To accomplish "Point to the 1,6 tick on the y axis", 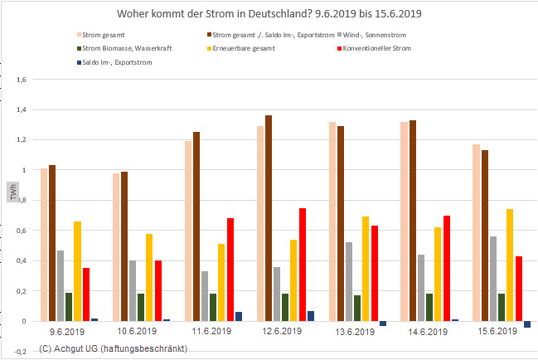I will tap(22, 80).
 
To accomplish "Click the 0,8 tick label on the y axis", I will tap(22, 201).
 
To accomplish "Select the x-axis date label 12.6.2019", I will tap(279, 329).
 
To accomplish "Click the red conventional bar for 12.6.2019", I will tap(303, 264).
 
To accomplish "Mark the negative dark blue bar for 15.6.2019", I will tap(527, 324).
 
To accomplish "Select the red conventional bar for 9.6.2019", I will tap(86, 294).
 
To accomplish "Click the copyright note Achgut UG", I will tap(113, 348).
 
